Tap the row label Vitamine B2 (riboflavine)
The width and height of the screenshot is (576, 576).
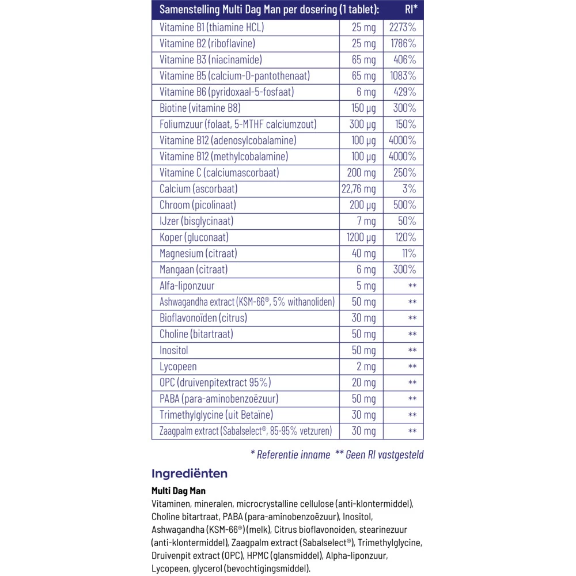click(x=207, y=43)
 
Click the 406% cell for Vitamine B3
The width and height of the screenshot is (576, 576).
click(x=405, y=59)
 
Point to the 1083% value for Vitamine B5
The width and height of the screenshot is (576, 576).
click(x=403, y=75)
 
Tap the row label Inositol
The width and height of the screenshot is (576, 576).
click(x=174, y=350)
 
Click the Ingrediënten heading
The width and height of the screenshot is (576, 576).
click(x=190, y=473)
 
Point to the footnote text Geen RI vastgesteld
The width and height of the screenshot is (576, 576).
click(x=384, y=454)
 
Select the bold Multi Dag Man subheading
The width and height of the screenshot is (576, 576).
click(x=179, y=491)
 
